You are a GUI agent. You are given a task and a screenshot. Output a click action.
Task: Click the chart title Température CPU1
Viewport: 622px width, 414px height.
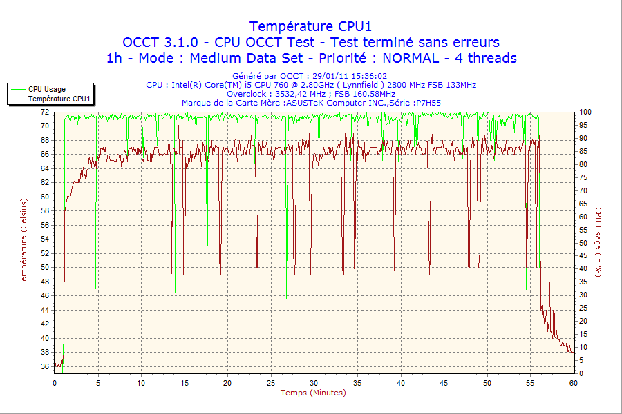(x=310, y=26)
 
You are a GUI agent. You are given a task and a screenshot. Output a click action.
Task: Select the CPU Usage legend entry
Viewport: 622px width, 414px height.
(x=47, y=89)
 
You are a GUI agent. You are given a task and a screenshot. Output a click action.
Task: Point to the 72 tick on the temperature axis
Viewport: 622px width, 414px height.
(x=45, y=111)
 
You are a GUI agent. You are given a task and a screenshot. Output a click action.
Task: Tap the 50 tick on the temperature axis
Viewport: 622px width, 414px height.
(x=45, y=267)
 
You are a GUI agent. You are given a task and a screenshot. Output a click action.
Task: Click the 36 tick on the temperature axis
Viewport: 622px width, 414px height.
(x=45, y=366)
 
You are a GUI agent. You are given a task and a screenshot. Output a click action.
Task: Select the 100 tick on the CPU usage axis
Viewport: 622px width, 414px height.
(x=585, y=112)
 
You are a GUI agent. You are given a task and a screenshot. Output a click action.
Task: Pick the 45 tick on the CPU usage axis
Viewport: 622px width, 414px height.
(x=583, y=256)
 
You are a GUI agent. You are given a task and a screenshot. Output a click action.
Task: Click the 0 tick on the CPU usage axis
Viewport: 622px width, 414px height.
(x=581, y=373)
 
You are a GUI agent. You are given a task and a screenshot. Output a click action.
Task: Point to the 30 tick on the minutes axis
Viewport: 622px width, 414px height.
(x=314, y=382)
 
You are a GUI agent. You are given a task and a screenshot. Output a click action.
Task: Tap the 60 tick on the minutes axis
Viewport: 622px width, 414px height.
(x=573, y=382)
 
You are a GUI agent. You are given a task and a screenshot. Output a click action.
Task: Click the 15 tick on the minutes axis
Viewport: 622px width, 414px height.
(x=184, y=382)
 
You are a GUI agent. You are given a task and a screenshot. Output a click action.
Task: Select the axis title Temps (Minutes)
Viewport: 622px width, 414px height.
(x=313, y=393)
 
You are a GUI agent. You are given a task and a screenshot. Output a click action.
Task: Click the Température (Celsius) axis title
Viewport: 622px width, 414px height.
(x=23, y=241)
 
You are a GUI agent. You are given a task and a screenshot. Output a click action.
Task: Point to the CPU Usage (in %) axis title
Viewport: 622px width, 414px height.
(x=599, y=241)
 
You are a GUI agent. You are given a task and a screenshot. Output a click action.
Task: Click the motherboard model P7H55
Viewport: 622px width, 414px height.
(x=428, y=103)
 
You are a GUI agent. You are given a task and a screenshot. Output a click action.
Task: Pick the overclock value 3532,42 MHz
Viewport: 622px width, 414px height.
(x=301, y=94)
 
